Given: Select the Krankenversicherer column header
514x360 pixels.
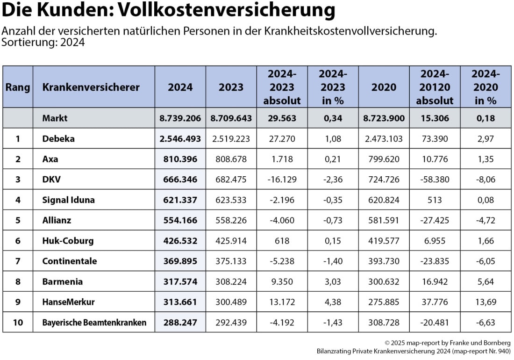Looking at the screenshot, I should point(91,87).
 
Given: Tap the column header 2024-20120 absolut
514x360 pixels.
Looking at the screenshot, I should point(435,87).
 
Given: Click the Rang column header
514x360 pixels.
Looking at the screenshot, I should point(18,87).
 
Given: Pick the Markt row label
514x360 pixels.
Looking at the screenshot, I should point(55,118).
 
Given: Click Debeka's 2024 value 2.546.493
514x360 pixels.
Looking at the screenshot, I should point(180,139).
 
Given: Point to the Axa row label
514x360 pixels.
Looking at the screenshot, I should point(50,159).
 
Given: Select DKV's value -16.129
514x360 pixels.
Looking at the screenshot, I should point(282,180).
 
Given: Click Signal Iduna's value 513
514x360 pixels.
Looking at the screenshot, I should point(435,200).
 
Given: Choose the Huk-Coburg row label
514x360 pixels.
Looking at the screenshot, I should point(68,241).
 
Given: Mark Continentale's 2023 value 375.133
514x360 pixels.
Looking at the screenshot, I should point(231,261).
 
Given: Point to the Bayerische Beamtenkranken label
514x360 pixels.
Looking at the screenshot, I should point(94,322).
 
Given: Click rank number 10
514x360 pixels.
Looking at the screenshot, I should point(18,322).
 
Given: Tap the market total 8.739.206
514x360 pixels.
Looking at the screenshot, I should point(180,118).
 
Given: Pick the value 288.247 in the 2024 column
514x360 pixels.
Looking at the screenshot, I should point(180,322).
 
